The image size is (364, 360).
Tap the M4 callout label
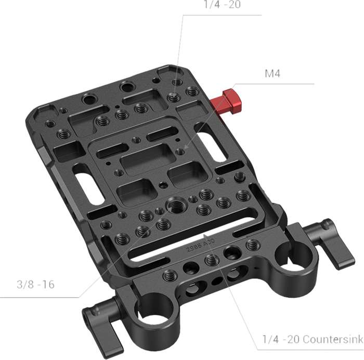[272, 74]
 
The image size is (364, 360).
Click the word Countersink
[329, 340]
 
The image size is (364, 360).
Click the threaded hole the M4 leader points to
[180, 152]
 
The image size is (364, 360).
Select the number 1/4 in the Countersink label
[270, 340]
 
